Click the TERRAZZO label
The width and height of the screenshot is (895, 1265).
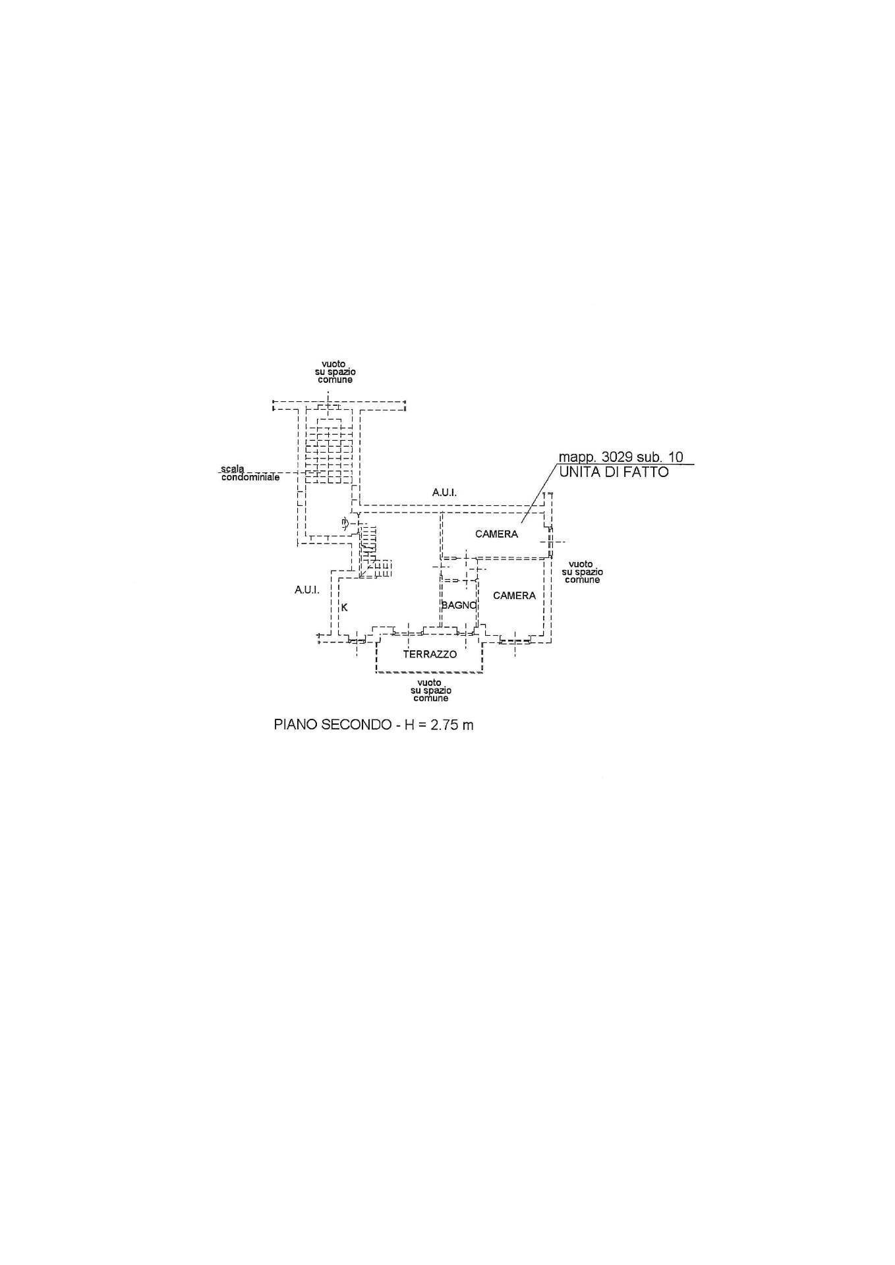pos(430,654)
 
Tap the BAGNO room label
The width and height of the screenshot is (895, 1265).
pos(459,605)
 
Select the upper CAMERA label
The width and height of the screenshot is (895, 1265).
pos(496,534)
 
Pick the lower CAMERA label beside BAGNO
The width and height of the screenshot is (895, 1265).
pos(514,596)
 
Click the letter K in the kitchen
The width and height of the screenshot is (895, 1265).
pos(344,608)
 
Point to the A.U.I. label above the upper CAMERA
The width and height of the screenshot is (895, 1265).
pos(445,492)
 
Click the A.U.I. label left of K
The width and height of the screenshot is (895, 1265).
pos(307,590)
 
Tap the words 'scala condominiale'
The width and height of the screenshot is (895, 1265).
pos(250,473)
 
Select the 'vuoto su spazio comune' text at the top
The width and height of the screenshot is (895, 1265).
pos(335,372)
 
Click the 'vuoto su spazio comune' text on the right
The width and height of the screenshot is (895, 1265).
pos(582,572)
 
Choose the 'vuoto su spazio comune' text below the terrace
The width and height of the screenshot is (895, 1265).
pos(430,690)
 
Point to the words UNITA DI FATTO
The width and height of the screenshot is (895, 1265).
pos(614,472)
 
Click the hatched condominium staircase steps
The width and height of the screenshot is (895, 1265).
pos(329,451)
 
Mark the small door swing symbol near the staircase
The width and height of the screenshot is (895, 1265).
pos(345,524)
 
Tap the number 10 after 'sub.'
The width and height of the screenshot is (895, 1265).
pos(676,457)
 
